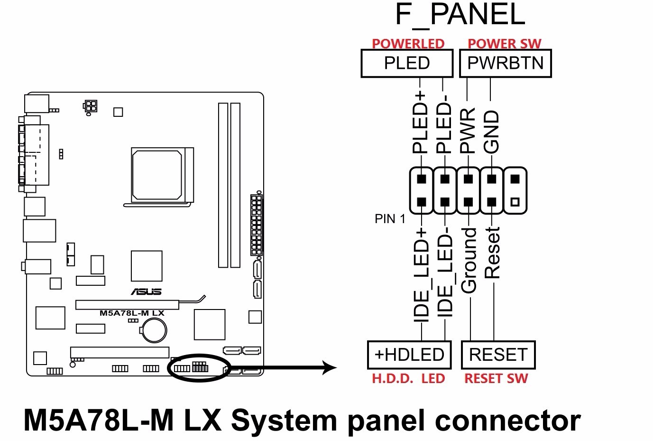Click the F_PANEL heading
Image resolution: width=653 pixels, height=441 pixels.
tap(460, 15)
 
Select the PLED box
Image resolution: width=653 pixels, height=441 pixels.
tap(407, 64)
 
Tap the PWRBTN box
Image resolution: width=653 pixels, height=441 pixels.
tap(505, 64)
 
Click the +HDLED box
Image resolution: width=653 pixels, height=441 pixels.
tap(409, 355)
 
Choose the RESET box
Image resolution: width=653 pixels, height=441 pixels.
tap(498, 355)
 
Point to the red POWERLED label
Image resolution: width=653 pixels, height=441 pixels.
tap(408, 44)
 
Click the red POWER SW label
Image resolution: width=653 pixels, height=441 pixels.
tap(504, 44)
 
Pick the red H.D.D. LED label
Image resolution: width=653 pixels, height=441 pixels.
tap(408, 379)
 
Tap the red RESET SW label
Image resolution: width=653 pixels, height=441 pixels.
tap(496, 379)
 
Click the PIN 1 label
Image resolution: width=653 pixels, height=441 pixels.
tap(390, 219)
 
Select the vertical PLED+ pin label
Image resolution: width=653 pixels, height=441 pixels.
tap(421, 122)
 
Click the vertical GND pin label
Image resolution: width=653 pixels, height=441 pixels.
tap(492, 132)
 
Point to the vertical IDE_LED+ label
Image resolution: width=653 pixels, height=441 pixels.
tap(421, 275)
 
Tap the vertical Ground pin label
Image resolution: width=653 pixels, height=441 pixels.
tap(469, 260)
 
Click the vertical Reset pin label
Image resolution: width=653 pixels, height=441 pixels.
tap(492, 253)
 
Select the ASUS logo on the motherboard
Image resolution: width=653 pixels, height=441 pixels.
tap(146, 291)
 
